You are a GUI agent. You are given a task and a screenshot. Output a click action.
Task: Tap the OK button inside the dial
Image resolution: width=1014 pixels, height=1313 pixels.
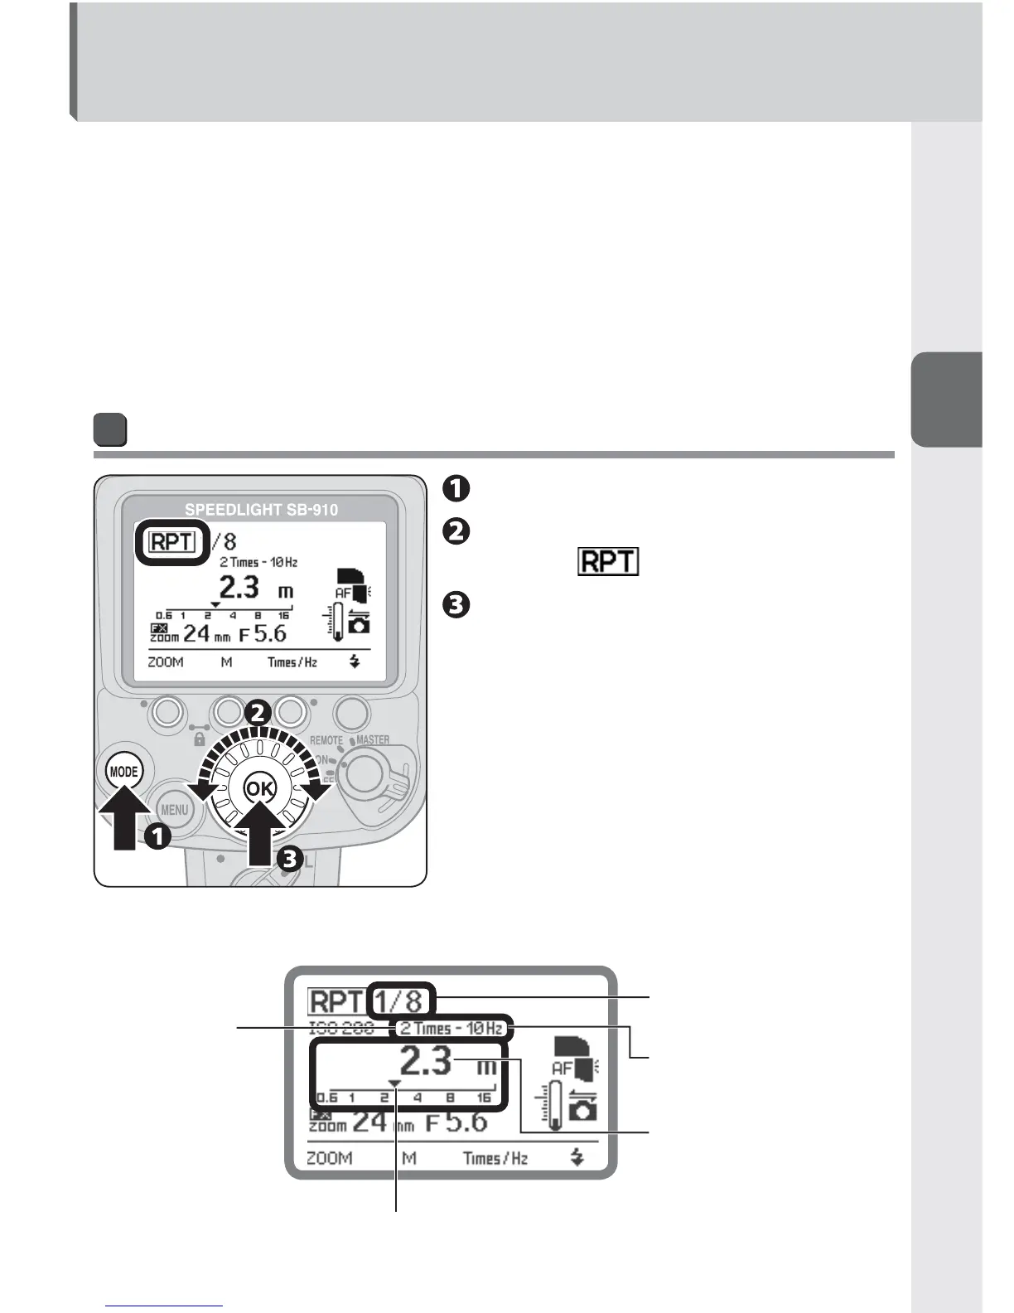pos(258,788)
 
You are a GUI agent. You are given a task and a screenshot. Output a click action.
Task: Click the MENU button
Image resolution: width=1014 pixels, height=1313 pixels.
pos(174,809)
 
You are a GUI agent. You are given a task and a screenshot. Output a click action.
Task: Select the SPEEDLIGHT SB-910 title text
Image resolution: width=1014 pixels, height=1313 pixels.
pos(261,510)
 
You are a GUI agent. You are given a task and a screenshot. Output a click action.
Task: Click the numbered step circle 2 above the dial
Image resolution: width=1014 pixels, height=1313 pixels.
pos(258,712)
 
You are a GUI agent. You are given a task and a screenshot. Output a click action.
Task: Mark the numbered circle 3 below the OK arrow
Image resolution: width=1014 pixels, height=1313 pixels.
pos(289,859)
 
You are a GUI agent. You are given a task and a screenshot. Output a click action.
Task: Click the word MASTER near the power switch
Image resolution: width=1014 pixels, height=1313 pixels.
pos(373,740)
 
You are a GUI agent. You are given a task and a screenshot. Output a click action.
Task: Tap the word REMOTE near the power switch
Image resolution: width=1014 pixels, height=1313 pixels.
pos(326,740)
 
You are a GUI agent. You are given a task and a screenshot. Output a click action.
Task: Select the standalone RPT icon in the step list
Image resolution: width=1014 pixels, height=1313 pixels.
pos(608,563)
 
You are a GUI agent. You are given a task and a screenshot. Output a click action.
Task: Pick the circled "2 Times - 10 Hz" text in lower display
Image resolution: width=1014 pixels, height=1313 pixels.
pos(451,1029)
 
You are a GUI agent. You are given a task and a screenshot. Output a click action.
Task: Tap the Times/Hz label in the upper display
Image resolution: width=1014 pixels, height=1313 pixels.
pos(292,662)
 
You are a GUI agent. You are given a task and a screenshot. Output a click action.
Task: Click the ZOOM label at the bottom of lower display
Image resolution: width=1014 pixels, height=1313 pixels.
pos(329,1158)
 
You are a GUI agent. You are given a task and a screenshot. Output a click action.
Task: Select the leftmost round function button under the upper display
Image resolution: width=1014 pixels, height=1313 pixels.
pos(167,711)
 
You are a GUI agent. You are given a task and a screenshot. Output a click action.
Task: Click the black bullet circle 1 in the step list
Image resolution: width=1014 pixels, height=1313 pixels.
pos(457,488)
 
